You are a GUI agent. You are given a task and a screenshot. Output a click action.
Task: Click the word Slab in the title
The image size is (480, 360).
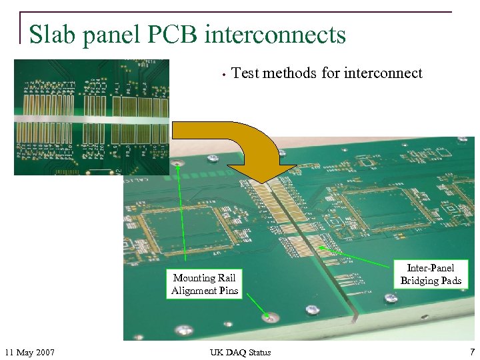53,34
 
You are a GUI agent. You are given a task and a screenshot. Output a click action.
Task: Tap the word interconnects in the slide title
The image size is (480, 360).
275,34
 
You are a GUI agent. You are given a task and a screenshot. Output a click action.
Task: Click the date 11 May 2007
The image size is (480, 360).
29,352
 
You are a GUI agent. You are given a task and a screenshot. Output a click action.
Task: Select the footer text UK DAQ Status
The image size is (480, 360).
240,352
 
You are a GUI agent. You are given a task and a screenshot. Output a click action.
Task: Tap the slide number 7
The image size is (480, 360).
472,352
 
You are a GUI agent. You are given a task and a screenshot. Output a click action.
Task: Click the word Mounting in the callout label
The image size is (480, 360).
194,278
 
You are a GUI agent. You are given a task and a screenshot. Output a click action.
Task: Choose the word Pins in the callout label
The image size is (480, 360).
227,291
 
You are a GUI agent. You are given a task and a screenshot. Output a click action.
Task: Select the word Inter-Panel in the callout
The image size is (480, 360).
431,268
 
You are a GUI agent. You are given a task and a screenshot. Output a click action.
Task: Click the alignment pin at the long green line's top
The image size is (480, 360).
178,163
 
